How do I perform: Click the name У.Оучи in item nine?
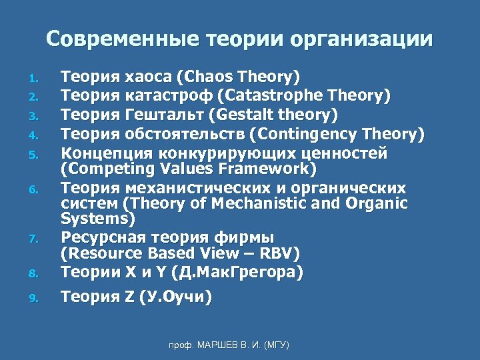(x=176, y=298)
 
